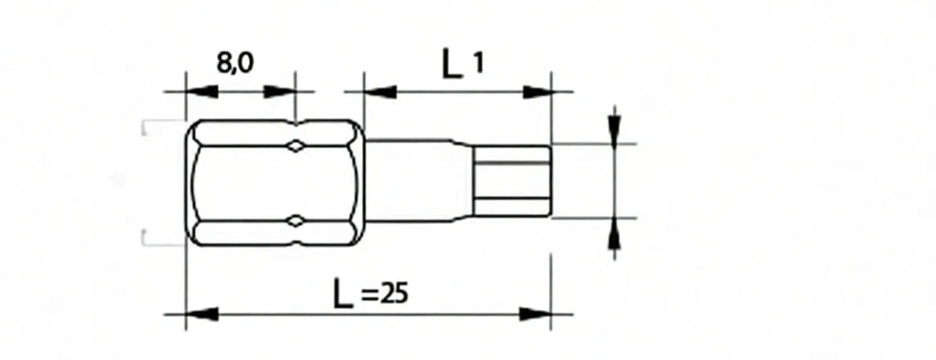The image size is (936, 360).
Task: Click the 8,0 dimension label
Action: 235,63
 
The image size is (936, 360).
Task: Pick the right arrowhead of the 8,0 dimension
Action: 280,91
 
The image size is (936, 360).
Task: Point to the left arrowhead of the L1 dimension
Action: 380,91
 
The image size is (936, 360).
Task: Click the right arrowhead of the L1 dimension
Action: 536,91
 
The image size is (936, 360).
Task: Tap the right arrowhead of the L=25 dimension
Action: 535,314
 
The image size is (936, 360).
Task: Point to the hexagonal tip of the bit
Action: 511,181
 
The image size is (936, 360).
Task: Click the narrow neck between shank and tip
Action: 416,181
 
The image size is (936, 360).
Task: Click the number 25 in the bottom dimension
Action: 393,294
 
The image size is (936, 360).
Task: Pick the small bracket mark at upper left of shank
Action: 145,127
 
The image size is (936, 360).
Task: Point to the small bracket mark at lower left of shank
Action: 145,237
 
